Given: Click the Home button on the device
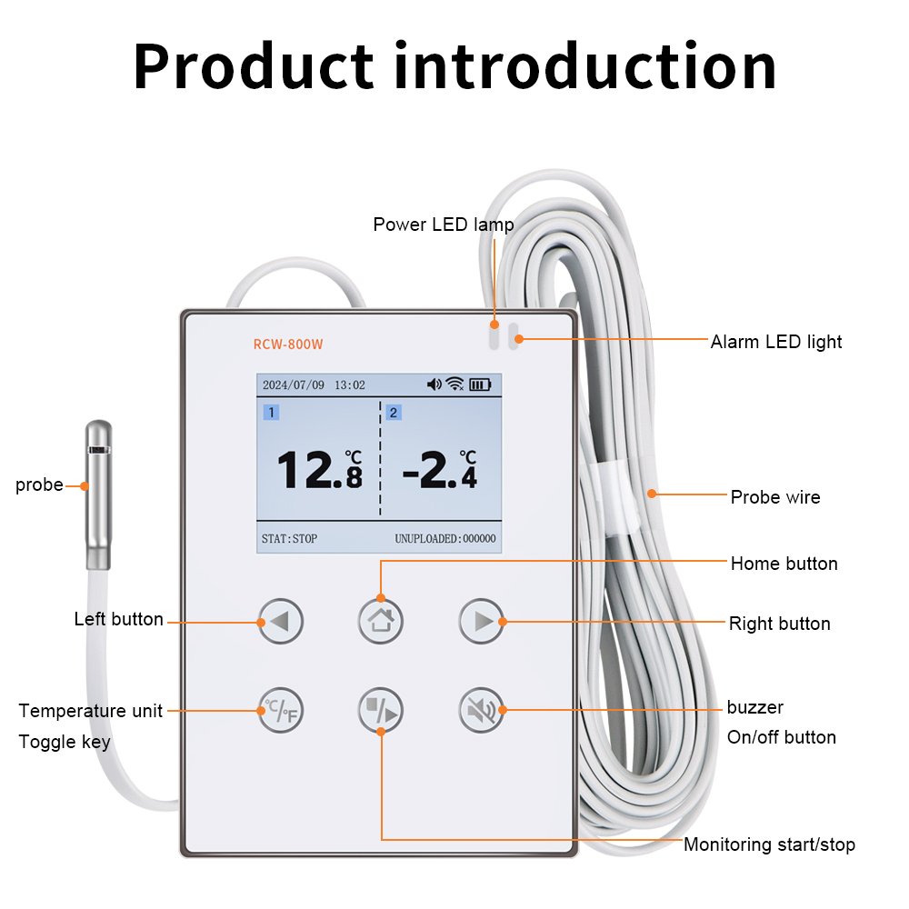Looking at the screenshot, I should pos(380,621).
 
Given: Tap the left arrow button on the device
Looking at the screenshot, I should pos(280,622).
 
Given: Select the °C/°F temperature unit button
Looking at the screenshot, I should pos(280,710).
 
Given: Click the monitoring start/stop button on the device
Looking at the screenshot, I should pos(380,710).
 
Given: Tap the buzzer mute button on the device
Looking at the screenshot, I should pos(480,710).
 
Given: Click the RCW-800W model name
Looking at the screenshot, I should pos(288,345).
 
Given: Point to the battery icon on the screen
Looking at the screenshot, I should pos(480,385).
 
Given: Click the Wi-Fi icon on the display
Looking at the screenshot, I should pos(454,385).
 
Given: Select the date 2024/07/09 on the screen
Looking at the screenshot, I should pos(293,385).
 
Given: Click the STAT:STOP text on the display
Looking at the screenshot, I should pos(289,538).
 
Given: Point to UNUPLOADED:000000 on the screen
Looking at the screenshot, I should pos(445,538).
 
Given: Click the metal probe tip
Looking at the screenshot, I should pos(97,495).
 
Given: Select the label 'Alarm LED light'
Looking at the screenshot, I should pos(775,342).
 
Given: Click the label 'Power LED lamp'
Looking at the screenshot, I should pos(443,225).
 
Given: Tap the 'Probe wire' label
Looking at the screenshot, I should pos(774,497).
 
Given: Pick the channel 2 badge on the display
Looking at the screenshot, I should pos(393,413).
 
